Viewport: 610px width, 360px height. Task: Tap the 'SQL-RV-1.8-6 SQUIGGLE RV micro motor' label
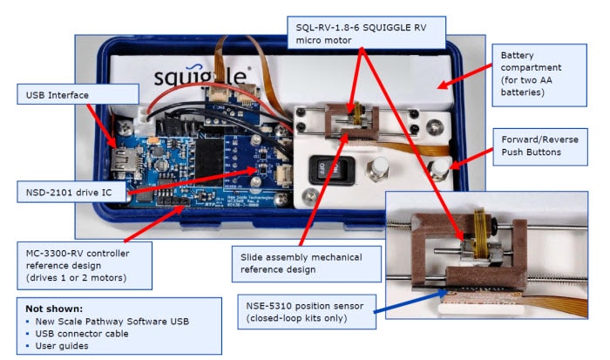[x=363, y=32]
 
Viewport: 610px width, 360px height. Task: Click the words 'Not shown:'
[x=55, y=309]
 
